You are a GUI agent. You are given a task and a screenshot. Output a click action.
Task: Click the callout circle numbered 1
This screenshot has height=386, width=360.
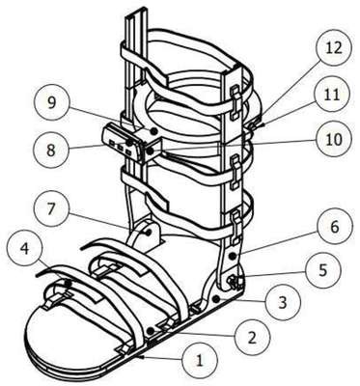tap(200, 360)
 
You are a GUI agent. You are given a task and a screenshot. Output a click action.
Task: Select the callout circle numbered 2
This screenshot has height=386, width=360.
tap(253, 337)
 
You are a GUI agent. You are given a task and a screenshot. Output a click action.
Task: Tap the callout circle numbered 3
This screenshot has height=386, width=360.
tap(283, 302)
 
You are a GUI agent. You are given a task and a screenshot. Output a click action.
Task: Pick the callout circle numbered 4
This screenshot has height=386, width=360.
tap(25, 251)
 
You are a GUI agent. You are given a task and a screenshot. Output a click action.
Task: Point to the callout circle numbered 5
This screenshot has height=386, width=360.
tap(323, 270)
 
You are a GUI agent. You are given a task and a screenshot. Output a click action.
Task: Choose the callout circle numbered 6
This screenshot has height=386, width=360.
tap(335, 227)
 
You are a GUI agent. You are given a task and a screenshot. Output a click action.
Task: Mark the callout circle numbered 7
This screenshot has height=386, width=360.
tap(52, 209)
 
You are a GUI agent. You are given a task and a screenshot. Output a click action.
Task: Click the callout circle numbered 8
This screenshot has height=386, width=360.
tap(51, 150)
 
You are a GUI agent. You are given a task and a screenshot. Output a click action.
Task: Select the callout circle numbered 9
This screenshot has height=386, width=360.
tap(51, 102)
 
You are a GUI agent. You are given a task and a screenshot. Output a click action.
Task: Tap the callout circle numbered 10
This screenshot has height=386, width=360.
tap(334, 139)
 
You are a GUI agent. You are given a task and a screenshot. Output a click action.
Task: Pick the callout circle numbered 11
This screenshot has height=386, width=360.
tap(332, 95)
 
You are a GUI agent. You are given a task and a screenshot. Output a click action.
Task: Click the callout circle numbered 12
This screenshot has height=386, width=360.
tap(334, 48)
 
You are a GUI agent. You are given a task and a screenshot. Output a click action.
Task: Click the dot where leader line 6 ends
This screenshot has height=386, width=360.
tap(233, 255)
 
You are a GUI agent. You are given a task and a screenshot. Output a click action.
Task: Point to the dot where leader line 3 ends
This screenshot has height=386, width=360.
tap(216, 298)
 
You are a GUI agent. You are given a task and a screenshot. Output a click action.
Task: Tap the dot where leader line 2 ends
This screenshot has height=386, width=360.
tap(151, 331)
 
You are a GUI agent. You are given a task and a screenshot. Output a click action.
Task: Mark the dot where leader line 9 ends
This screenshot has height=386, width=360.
tap(154, 131)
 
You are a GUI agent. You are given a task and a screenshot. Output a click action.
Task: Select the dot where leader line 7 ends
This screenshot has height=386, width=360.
tap(149, 232)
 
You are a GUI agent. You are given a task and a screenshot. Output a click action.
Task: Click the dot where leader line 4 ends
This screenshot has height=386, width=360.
tap(68, 283)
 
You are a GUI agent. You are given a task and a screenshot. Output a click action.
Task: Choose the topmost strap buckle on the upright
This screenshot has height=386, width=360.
tap(235, 102)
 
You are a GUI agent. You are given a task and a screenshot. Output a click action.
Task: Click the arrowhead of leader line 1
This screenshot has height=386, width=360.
tap(139, 356)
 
